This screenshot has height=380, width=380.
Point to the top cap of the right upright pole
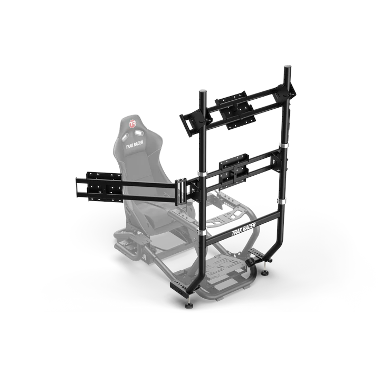(288, 68)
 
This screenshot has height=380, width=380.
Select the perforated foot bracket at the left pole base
(179, 288)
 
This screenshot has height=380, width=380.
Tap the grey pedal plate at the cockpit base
(227, 269)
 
